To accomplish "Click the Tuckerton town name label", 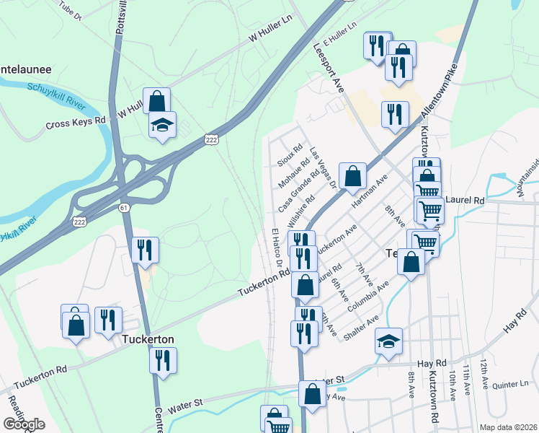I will pyautogui.click(x=150, y=338).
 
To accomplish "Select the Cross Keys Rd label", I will pyautogui.click(x=76, y=123).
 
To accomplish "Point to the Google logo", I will pyautogui.click(x=24, y=424).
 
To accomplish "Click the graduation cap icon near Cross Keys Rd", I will pyautogui.click(x=163, y=124).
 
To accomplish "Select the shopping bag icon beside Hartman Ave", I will pyautogui.click(x=352, y=175).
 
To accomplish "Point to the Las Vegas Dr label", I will pyautogui.click(x=323, y=168).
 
